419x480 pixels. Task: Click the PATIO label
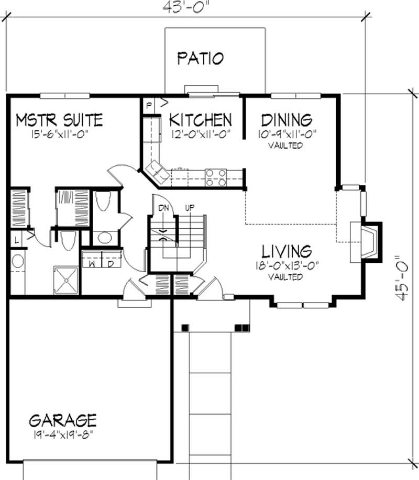[200, 58]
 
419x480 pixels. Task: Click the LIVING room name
[287, 250]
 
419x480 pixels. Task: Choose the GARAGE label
[63, 420]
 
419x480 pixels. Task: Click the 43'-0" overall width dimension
[186, 6]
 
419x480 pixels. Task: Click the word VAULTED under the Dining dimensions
[286, 146]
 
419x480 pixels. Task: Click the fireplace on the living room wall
[367, 241]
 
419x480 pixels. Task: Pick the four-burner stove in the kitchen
[215, 177]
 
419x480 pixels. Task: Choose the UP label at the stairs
[189, 208]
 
